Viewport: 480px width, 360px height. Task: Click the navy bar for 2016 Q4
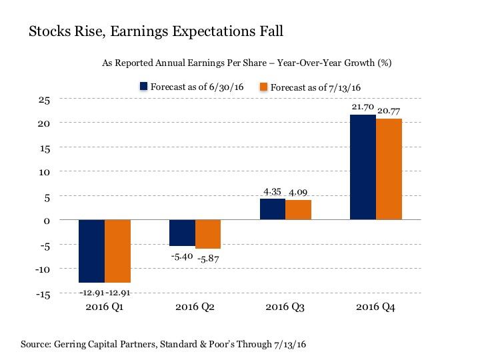(363, 167)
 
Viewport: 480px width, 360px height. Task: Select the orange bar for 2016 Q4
(389, 169)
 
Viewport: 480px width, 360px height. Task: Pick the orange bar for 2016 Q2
(207, 234)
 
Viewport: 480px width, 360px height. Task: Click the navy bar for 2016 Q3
(272, 209)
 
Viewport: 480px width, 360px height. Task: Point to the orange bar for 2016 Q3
(298, 210)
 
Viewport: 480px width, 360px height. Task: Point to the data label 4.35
(272, 192)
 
